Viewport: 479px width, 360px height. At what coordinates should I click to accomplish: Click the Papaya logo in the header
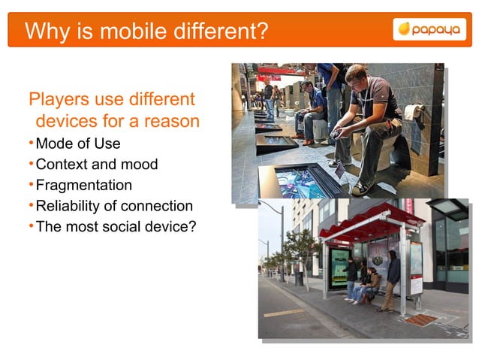tap(425, 29)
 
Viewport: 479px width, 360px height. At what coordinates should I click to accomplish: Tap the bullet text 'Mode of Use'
tap(78, 144)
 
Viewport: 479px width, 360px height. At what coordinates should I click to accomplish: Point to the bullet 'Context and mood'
tap(97, 164)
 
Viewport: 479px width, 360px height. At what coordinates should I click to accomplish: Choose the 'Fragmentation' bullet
tap(84, 185)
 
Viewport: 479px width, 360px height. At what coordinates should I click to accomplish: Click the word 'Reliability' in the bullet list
tap(67, 205)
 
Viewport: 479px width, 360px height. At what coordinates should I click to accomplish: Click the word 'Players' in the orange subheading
tap(59, 99)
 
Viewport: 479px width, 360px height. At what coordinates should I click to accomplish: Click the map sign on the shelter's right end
tap(416, 268)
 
